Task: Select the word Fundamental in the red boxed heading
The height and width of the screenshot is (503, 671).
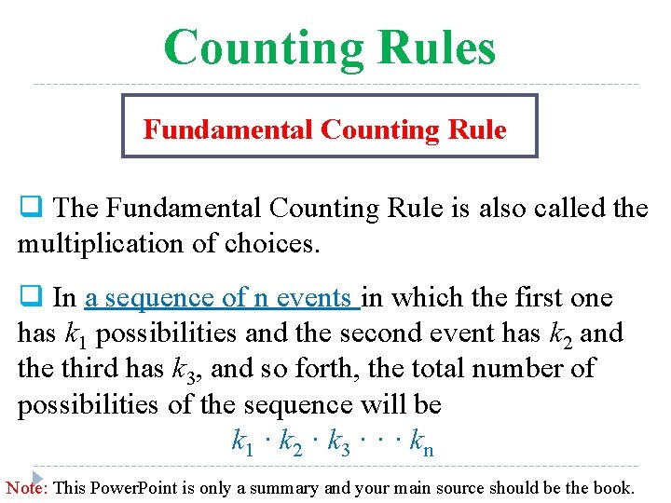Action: click(227, 129)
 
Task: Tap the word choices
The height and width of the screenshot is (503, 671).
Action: click(277, 244)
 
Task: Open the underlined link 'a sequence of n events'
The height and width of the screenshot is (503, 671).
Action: click(221, 298)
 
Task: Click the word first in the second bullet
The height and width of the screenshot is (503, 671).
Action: click(515, 298)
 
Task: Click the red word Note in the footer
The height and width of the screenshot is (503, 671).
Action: click(26, 487)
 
